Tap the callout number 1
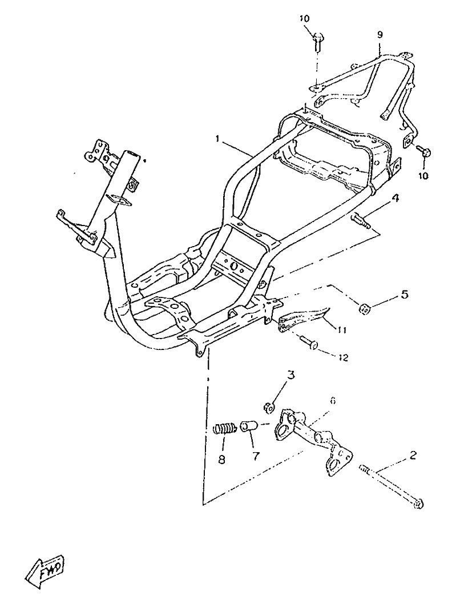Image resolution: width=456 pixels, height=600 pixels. (x=217, y=139)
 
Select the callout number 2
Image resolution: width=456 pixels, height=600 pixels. (x=413, y=456)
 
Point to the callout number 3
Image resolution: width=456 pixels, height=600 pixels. (x=291, y=376)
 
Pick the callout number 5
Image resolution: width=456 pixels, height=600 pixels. (x=404, y=295)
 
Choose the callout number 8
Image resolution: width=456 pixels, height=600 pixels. (x=222, y=459)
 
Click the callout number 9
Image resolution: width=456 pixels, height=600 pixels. (x=380, y=35)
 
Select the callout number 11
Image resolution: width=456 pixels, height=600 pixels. (x=342, y=330)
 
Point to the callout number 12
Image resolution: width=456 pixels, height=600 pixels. (x=343, y=358)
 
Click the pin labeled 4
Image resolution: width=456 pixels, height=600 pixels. (x=360, y=222)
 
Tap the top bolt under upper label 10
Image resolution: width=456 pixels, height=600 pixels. (x=317, y=42)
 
